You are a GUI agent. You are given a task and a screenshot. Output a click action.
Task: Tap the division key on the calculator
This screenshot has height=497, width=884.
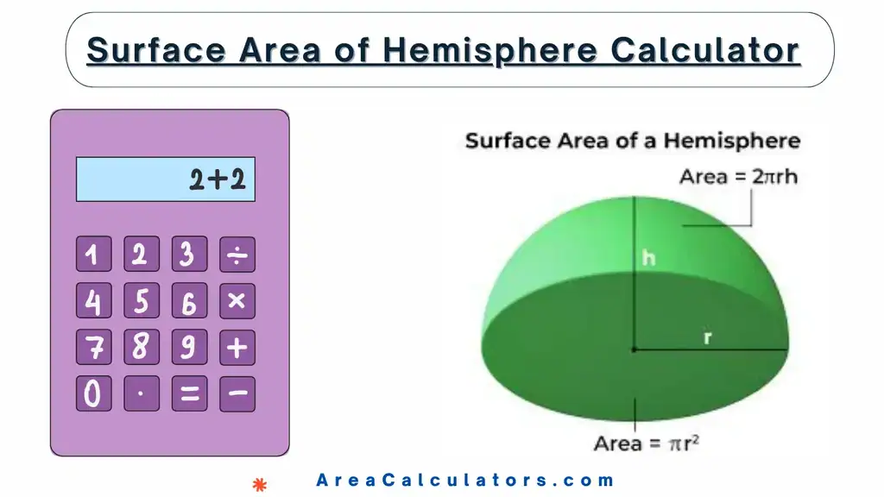[x=237, y=255]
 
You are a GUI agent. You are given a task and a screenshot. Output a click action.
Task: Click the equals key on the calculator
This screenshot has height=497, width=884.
[x=189, y=393]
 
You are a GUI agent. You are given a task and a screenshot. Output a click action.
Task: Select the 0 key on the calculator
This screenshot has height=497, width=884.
[x=93, y=393]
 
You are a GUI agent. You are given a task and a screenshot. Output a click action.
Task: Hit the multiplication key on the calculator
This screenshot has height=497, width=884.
[x=237, y=301]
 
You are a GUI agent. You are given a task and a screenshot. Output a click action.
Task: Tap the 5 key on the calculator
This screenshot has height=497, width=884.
[x=141, y=301]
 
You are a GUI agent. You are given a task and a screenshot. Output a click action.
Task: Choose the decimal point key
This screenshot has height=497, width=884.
[x=141, y=393]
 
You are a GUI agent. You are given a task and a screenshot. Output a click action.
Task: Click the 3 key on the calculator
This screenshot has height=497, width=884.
[x=189, y=255]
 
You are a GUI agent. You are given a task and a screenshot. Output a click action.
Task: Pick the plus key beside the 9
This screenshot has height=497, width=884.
[x=237, y=348]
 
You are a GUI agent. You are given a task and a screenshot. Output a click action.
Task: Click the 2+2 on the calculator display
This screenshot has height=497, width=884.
[x=218, y=179]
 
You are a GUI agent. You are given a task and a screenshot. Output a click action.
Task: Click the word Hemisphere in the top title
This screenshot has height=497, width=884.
[x=490, y=50]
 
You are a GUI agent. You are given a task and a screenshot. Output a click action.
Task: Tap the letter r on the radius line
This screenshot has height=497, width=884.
[x=707, y=337]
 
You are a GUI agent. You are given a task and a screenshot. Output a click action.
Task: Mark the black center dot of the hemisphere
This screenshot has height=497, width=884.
[x=635, y=349]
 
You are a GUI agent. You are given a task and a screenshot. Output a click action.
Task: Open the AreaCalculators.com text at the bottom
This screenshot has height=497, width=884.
[x=465, y=481]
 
